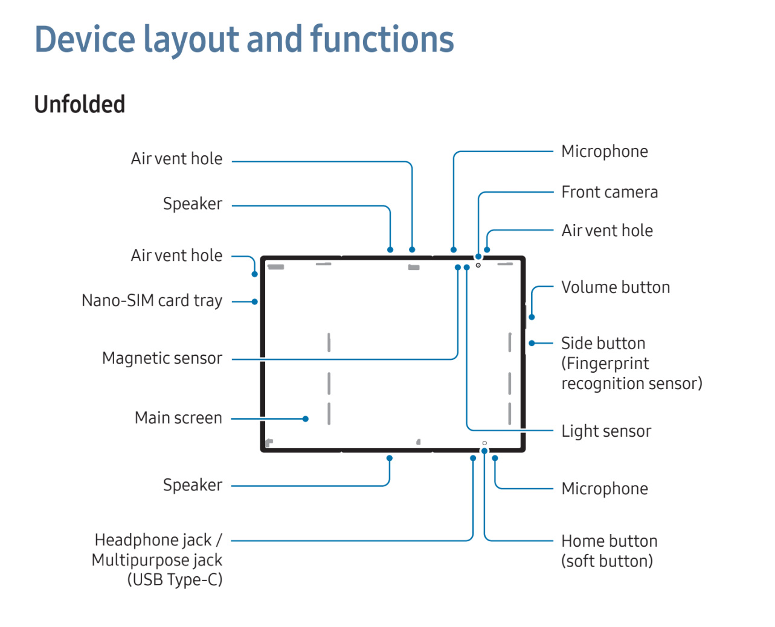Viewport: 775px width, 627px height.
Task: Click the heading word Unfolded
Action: point(80,104)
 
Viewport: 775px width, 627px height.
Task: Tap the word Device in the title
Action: point(85,39)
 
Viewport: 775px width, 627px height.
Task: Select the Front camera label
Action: point(609,192)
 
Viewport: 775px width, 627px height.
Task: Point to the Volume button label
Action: point(615,288)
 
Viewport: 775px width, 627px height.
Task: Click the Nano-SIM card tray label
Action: point(152,301)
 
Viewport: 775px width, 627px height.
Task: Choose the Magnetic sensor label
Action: point(162,358)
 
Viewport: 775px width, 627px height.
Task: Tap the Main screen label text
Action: point(178,418)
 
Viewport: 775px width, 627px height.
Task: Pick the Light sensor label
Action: point(606,431)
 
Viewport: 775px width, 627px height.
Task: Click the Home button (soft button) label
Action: point(609,551)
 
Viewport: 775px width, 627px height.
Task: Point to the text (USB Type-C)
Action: point(175,580)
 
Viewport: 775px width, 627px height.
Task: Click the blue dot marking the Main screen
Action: point(306,419)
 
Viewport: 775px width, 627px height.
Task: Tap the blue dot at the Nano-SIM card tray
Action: point(255,301)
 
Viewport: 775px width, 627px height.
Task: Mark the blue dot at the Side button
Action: point(532,343)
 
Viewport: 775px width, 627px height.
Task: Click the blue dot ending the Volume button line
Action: point(532,317)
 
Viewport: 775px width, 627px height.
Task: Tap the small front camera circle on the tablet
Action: point(478,265)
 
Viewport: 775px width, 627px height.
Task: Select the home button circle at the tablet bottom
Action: point(484,443)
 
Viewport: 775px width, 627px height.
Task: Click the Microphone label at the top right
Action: point(604,152)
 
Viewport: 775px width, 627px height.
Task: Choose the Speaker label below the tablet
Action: point(192,485)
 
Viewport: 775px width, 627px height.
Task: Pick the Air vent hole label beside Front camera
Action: point(606,231)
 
